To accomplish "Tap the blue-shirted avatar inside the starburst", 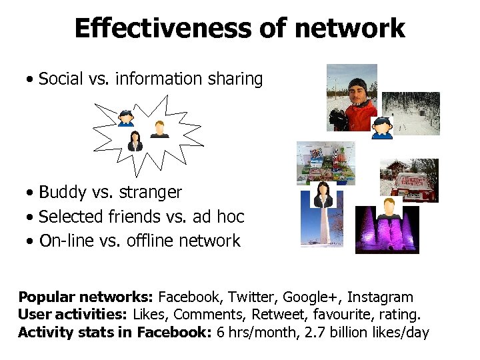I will [125, 117].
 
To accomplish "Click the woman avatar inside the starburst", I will [135, 141].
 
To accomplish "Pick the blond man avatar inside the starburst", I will [159, 128].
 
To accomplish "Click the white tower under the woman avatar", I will [321, 227].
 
